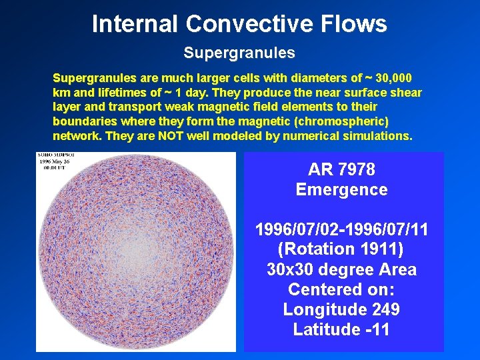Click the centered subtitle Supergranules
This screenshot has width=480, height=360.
[x=239, y=52]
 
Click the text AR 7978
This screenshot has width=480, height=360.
[x=341, y=169]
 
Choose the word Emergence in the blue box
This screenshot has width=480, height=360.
[x=341, y=189]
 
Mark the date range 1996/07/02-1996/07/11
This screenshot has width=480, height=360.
[x=341, y=229]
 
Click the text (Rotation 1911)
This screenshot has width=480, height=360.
[x=341, y=249]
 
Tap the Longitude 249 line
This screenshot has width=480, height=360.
[x=341, y=309]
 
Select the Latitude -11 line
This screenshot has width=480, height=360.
[x=341, y=329]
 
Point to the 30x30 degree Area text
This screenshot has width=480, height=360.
[x=341, y=269]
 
